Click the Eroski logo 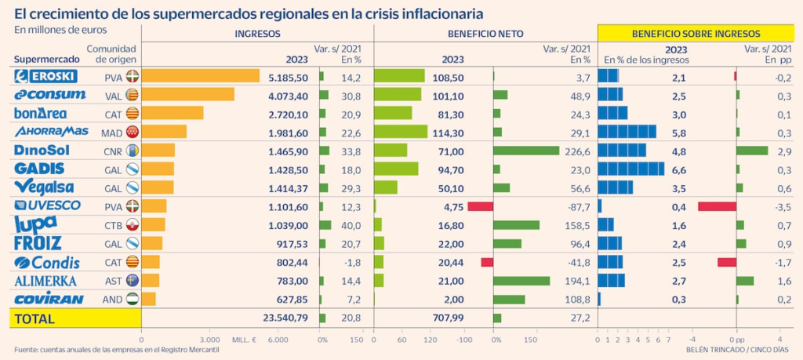tap(45, 77)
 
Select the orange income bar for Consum tap(188, 95)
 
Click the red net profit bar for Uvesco tap(480, 206)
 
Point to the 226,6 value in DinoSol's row tap(576, 150)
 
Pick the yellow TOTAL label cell tap(74, 318)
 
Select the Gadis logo tap(39, 169)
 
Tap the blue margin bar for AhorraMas tap(627, 132)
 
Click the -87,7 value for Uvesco tap(576, 206)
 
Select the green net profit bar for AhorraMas tap(401, 132)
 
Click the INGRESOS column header tap(257, 34)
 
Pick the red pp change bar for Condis tap(726, 262)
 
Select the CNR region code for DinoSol tap(114, 151)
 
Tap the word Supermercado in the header tap(47, 60)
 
